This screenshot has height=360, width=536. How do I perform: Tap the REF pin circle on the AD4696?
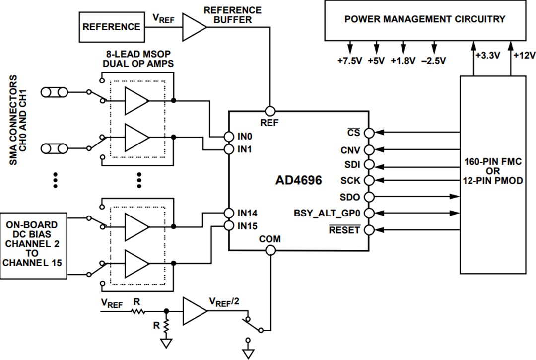[x=270, y=112]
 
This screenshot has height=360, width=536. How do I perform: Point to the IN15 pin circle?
[x=228, y=226]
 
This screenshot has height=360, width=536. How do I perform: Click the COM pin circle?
[x=270, y=250]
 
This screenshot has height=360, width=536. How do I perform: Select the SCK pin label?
[x=350, y=180]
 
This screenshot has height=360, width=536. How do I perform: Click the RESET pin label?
[x=344, y=230]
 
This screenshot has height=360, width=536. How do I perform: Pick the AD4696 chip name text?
[x=298, y=180]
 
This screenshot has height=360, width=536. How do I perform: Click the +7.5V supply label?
[x=349, y=61]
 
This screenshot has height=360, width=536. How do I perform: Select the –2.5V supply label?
[x=433, y=61]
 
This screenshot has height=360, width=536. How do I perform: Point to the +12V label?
[x=524, y=56]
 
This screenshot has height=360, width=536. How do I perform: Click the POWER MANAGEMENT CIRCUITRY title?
[x=425, y=19]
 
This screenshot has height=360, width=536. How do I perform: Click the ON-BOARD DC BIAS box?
[x=34, y=243]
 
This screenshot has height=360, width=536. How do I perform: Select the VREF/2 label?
[x=226, y=301]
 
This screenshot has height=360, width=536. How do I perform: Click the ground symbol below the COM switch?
[x=248, y=353]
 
